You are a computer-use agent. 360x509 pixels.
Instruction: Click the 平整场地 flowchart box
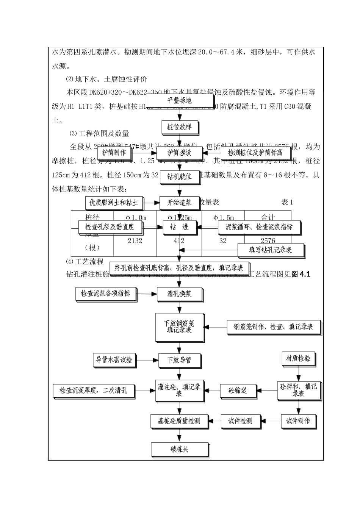tap(179, 100)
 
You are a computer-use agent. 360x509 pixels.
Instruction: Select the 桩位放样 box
tap(179, 127)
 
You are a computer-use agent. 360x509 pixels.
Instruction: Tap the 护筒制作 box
tap(114, 152)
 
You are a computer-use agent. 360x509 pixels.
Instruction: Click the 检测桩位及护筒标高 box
tap(255, 152)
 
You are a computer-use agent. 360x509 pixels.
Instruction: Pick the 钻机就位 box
tap(179, 176)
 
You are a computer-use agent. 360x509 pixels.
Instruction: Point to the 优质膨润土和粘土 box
tap(113, 203)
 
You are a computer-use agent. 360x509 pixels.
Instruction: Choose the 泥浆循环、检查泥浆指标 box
tap(259, 227)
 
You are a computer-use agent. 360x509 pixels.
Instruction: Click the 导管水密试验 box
tap(115, 359)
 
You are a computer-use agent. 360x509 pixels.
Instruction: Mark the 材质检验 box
tap(298, 358)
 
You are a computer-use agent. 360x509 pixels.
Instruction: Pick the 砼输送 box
tap(238, 390)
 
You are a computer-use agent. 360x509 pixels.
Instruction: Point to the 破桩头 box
tap(179, 450)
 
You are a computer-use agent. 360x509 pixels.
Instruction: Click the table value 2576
tap(268, 241)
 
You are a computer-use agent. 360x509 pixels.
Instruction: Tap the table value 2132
tap(135, 241)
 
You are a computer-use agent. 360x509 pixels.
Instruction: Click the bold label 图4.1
tap(301, 275)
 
